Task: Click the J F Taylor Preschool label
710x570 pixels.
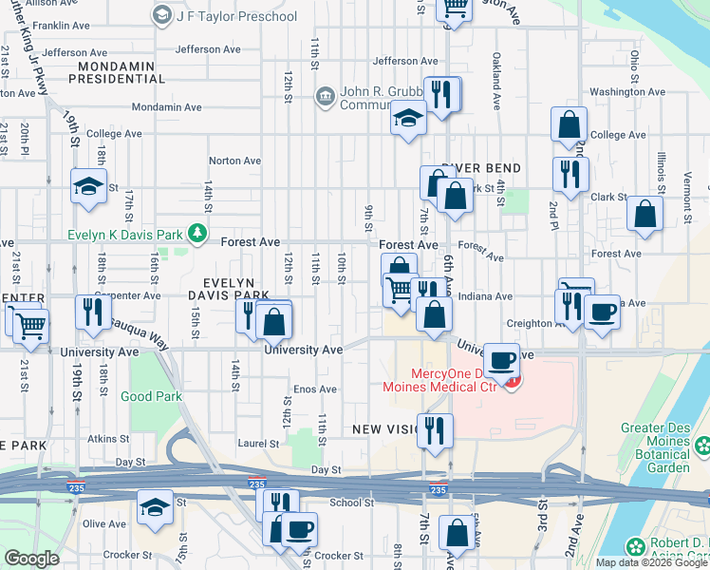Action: pos(235,16)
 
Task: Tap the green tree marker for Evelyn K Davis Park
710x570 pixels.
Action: pos(196,232)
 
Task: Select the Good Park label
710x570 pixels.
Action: pos(151,397)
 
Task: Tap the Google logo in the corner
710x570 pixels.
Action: pos(31,559)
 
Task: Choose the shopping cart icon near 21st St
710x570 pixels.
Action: pos(31,326)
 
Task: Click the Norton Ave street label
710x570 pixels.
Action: pos(234,161)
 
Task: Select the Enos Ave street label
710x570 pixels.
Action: pos(315,389)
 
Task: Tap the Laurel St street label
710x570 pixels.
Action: pos(258,442)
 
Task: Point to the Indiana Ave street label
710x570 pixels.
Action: pos(485,296)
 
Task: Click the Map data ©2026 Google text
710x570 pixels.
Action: pos(651,562)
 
